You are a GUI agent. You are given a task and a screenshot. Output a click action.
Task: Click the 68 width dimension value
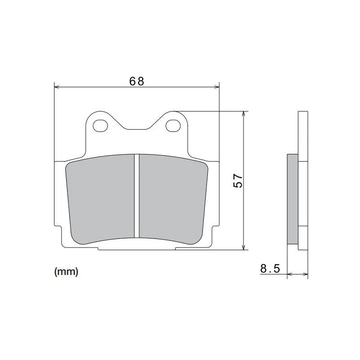click(x=137, y=81)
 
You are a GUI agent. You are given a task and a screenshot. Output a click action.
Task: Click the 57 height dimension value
click(x=238, y=181)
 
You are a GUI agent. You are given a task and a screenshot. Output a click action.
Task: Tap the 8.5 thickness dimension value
click(x=270, y=268)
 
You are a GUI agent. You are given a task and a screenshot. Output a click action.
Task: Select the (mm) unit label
click(x=66, y=272)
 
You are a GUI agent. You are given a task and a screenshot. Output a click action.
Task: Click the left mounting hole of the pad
click(x=100, y=126)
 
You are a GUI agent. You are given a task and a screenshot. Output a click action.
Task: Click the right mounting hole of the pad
click(x=173, y=126)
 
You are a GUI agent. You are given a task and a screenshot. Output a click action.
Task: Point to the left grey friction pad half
click(x=100, y=198)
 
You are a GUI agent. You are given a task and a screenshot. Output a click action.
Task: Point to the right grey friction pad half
click(x=173, y=198)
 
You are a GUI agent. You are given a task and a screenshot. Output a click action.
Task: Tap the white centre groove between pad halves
click(x=137, y=196)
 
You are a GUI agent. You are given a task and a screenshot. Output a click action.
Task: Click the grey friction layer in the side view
click(x=293, y=199)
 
